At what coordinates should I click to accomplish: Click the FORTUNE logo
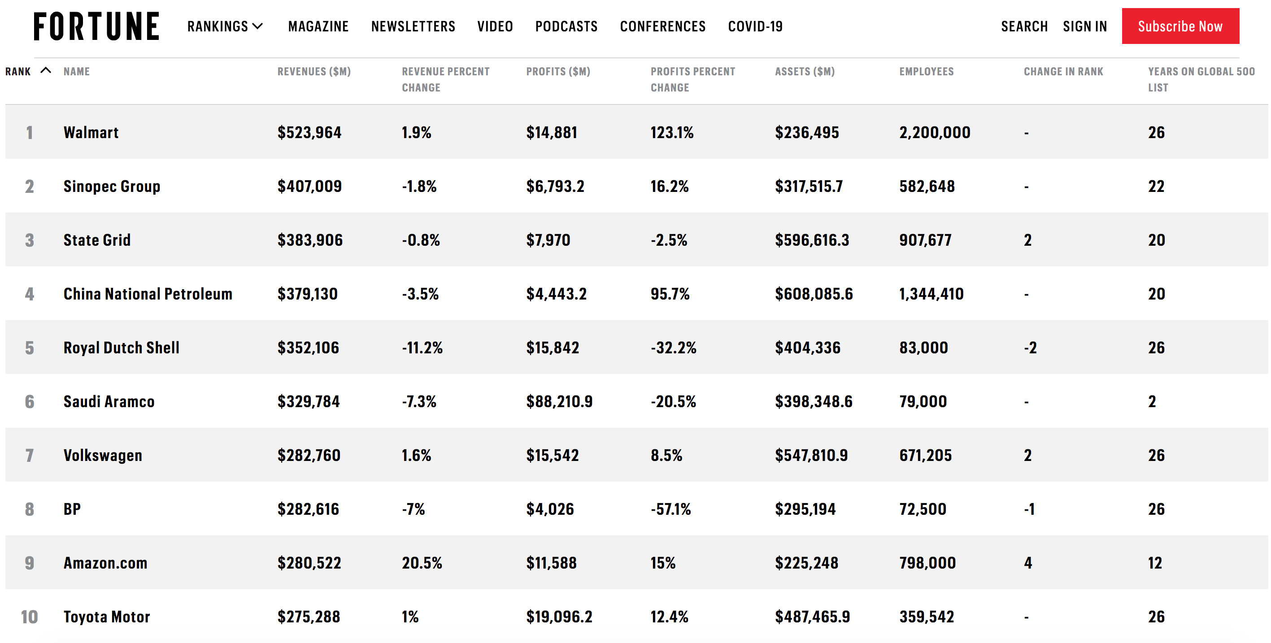96,26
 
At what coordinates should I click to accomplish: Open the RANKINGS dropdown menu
225,26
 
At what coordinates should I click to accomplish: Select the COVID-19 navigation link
755,26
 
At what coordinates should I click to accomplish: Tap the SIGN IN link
1084,26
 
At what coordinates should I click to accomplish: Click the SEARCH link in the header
1024,26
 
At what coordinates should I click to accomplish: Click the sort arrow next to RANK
45,70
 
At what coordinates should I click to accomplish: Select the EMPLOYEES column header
926,72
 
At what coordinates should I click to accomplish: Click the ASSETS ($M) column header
804,72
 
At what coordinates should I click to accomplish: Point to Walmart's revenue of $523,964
309,132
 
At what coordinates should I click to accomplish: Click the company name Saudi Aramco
109,401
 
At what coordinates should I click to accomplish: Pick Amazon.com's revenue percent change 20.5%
422,563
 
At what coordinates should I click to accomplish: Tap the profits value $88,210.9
558,401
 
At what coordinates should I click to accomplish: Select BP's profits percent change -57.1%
670,509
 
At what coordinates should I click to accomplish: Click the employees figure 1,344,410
931,294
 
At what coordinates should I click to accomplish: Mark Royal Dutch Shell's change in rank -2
1030,348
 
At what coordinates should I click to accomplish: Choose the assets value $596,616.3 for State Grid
812,240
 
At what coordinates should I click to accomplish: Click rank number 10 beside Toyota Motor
29,617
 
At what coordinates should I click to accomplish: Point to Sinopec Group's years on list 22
1156,186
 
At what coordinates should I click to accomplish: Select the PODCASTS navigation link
566,26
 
